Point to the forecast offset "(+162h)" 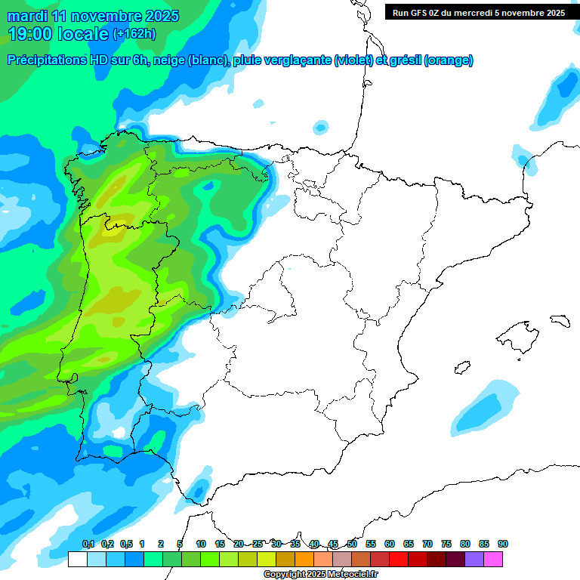(134, 34)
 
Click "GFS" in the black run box (422, 13)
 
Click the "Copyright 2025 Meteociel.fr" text (321, 575)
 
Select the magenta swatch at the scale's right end (493, 559)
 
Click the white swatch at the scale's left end (77, 559)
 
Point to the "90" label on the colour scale (503, 544)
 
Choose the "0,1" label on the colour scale (88, 544)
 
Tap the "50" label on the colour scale (352, 544)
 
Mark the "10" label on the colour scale (201, 544)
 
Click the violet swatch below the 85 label (474, 559)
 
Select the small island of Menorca (559, 319)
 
